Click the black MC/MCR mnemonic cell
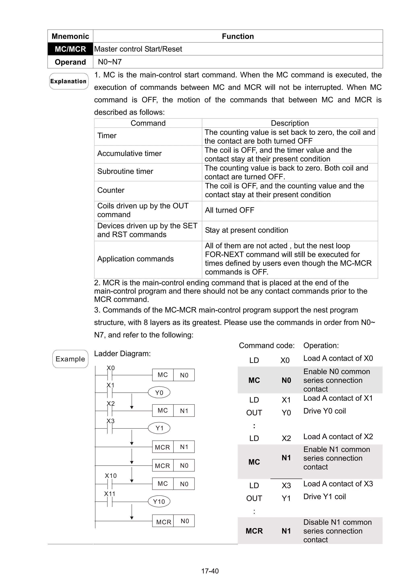(x=70, y=49)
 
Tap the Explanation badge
(x=69, y=81)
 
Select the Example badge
(x=70, y=359)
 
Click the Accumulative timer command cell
(x=130, y=153)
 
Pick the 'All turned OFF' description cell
(x=230, y=210)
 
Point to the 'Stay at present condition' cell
(x=246, y=230)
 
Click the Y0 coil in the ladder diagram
(x=159, y=393)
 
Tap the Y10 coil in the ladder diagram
(x=159, y=501)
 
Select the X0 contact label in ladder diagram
(x=111, y=368)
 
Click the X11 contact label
(x=110, y=494)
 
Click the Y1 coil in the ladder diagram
(x=159, y=428)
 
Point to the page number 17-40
(x=210, y=571)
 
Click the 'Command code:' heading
(x=267, y=345)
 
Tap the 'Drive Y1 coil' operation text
(x=324, y=496)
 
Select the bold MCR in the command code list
(x=254, y=531)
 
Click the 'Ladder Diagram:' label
(x=122, y=353)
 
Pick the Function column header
(x=238, y=36)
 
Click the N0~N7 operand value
(x=110, y=62)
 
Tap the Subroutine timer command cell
(x=125, y=171)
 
